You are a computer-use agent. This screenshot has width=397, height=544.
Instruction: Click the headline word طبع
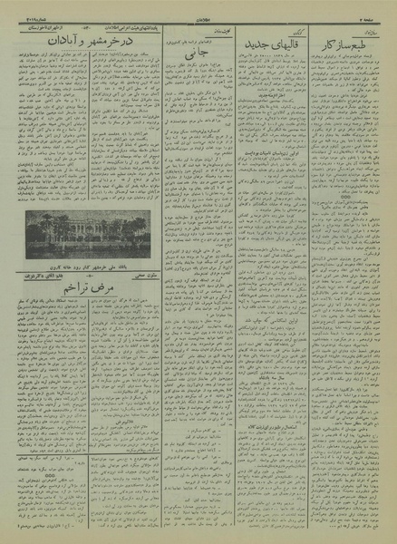[371, 41]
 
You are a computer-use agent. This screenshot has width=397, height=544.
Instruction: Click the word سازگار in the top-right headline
[337, 42]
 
